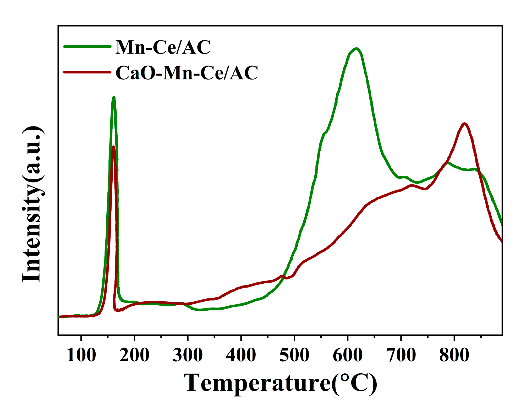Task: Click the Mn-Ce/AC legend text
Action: point(163,47)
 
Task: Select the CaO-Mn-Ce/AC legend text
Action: point(187,73)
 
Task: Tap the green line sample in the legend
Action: point(87,46)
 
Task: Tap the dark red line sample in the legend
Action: point(87,72)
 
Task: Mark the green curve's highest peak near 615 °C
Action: point(356,49)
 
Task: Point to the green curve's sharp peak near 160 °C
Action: point(114,98)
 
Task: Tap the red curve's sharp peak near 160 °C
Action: point(113,147)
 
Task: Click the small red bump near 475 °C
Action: point(282,276)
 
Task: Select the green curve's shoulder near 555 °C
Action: point(325,133)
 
